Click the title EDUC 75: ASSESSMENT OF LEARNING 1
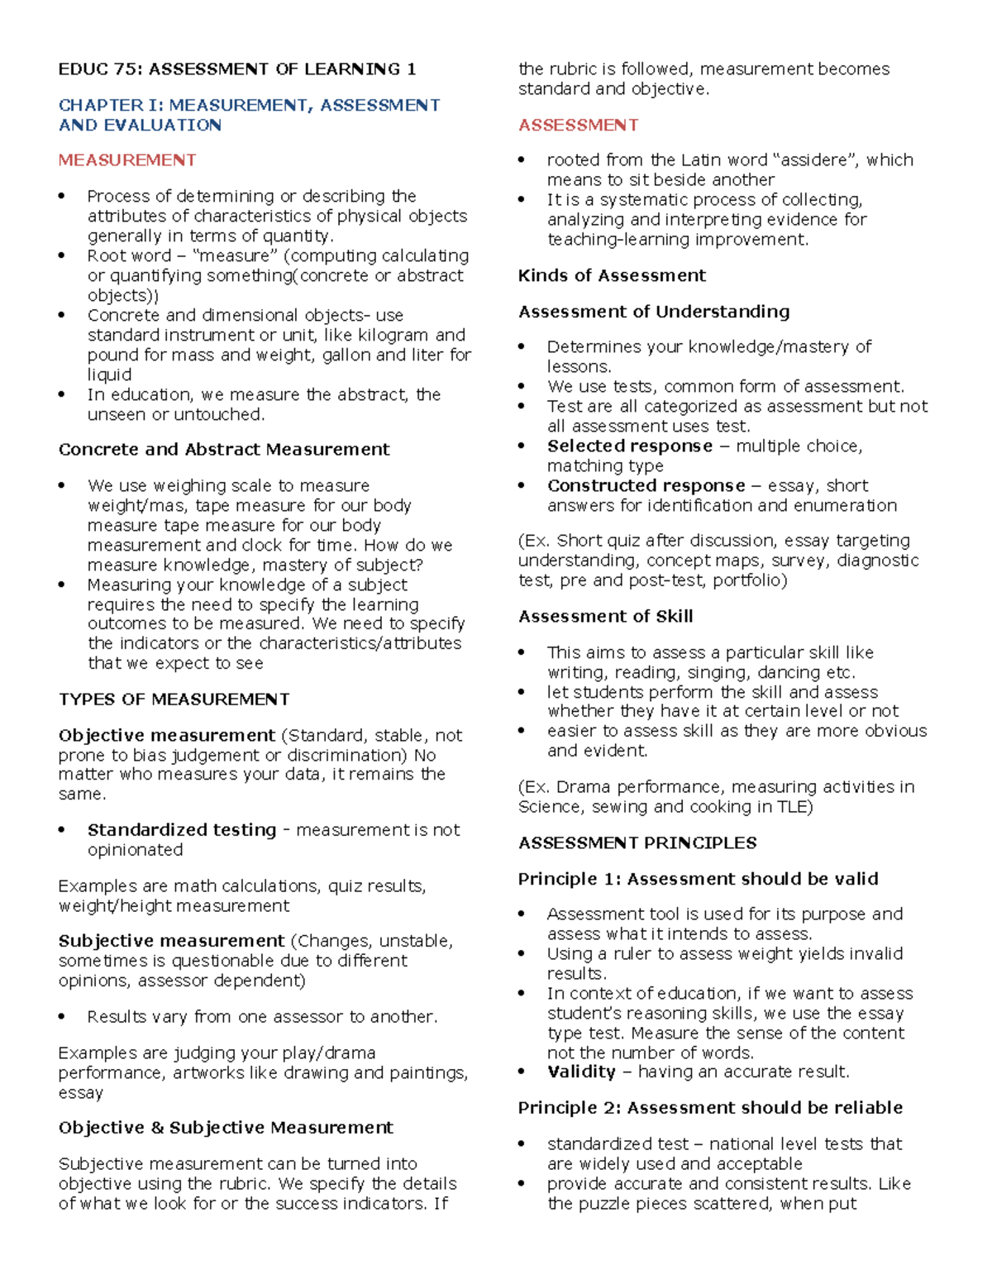tap(236, 69)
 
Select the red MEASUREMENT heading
tap(127, 160)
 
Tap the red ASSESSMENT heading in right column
tap(578, 125)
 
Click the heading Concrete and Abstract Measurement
tap(224, 450)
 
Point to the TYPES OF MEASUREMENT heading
tap(174, 699)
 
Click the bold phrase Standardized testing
tap(182, 830)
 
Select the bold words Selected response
tap(629, 446)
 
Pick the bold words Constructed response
tap(646, 486)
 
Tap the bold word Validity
tap(581, 1072)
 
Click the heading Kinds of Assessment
tap(612, 276)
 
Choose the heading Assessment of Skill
tap(605, 617)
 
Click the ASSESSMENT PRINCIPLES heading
tap(637, 843)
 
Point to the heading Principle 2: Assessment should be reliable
tap(710, 1108)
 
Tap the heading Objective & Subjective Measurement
tap(226, 1129)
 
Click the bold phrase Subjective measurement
tap(171, 942)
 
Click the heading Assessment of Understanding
tap(653, 312)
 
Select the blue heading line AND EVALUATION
tap(140, 126)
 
